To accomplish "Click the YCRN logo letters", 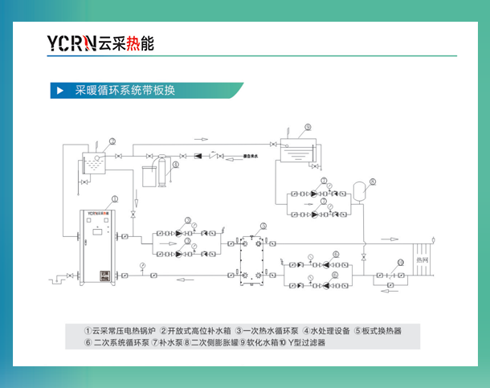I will [71, 43].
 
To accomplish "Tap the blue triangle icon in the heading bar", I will [59, 90].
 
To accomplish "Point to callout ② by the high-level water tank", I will [113, 141].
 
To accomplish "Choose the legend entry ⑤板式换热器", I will [378, 330].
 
